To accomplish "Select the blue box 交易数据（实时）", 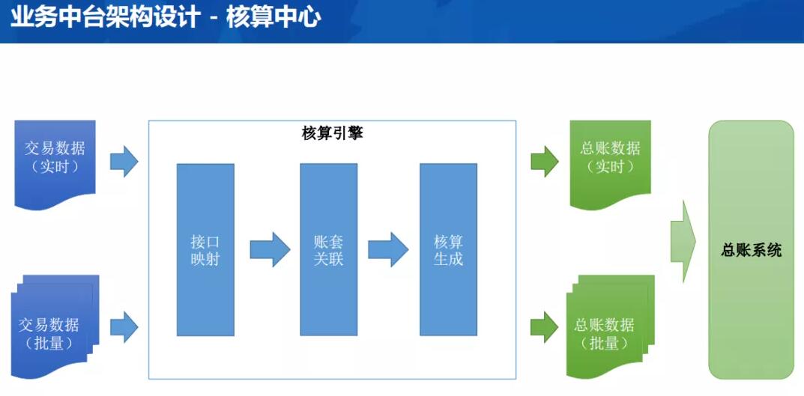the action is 55,163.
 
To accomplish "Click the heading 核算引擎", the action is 332,134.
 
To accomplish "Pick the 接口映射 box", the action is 205,249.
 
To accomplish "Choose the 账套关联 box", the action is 329,249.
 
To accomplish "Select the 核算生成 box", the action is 448,249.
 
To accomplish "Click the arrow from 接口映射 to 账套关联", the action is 270,249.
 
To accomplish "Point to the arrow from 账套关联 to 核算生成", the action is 388,249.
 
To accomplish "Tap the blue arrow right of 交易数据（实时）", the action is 124,162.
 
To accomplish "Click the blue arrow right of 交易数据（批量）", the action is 124,327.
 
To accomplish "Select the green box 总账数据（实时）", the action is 610,163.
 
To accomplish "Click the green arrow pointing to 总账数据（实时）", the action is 545,162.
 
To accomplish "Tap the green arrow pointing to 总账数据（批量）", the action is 545,327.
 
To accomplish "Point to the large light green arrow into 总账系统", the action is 683,241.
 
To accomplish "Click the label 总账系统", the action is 752,251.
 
